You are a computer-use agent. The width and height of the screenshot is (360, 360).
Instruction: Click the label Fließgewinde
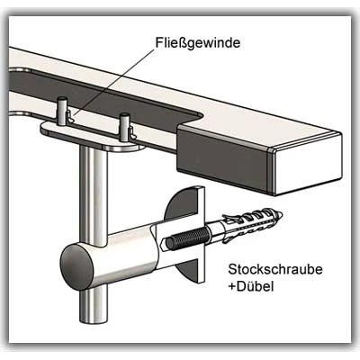point(198,43)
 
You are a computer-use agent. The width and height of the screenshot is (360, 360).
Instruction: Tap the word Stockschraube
point(275,269)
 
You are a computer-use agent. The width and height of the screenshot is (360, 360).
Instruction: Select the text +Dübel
point(251,286)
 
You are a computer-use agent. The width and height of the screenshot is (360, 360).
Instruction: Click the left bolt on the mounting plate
point(61,111)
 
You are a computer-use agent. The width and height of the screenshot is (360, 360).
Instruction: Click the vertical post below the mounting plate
point(93,192)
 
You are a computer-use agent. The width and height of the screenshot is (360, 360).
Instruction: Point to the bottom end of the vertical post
point(94,322)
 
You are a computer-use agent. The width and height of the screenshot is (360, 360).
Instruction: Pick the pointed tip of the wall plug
point(281,215)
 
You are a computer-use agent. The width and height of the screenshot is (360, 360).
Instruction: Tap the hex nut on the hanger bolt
point(164,243)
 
